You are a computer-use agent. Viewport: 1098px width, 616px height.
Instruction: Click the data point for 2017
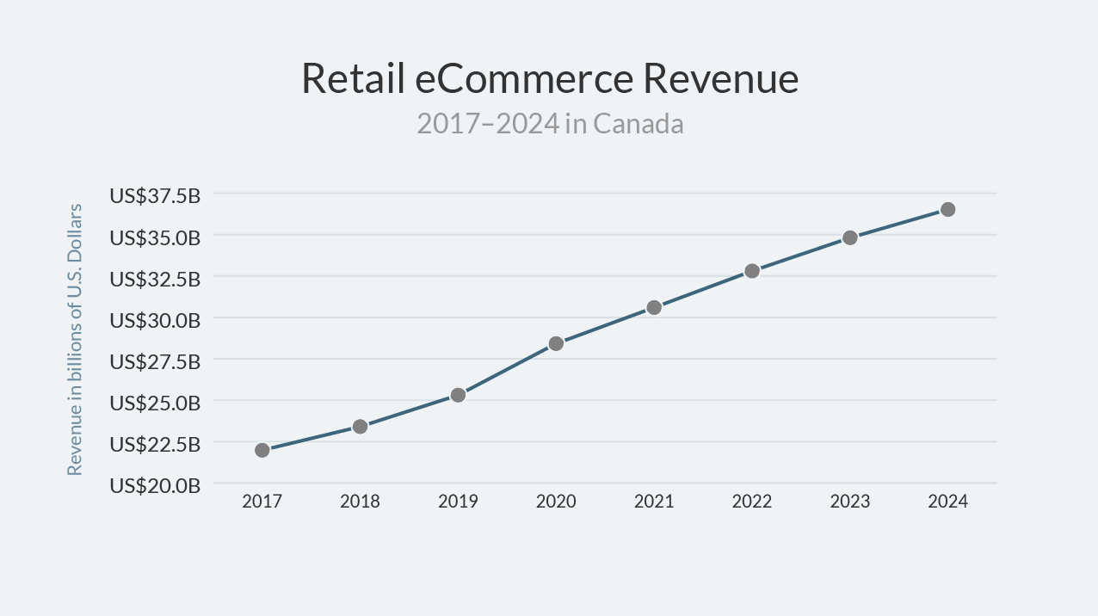[262, 450]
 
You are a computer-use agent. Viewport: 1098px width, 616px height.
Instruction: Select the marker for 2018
[361, 427]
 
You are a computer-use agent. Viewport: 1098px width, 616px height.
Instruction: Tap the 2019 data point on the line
[458, 395]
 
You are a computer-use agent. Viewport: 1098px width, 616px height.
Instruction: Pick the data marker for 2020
[556, 343]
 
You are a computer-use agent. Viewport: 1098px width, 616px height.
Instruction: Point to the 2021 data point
[654, 307]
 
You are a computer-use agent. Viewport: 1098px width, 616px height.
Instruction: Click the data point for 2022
[752, 271]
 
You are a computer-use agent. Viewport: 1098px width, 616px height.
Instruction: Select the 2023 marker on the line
[850, 237]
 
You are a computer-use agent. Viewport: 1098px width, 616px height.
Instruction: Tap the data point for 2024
[947, 209]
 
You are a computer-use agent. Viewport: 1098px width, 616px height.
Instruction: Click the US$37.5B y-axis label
[155, 196]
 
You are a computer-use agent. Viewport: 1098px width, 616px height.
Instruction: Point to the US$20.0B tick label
[155, 485]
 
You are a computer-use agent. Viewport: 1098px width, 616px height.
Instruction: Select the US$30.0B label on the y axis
[155, 320]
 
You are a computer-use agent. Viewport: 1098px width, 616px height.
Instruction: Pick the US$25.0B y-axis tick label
[155, 403]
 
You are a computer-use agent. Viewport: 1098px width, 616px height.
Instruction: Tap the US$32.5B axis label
[155, 279]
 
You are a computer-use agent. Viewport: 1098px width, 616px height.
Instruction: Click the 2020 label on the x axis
[556, 502]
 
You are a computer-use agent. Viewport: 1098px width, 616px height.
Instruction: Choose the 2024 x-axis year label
[947, 502]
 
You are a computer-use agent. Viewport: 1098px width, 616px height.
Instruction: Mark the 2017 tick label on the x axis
[262, 502]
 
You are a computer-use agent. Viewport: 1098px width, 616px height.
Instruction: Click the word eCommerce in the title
[524, 79]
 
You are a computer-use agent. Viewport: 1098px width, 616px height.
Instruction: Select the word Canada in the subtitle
[638, 124]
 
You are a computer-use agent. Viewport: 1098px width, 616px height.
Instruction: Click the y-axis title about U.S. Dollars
[76, 340]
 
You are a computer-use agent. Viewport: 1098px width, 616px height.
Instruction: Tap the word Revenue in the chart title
[721, 79]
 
